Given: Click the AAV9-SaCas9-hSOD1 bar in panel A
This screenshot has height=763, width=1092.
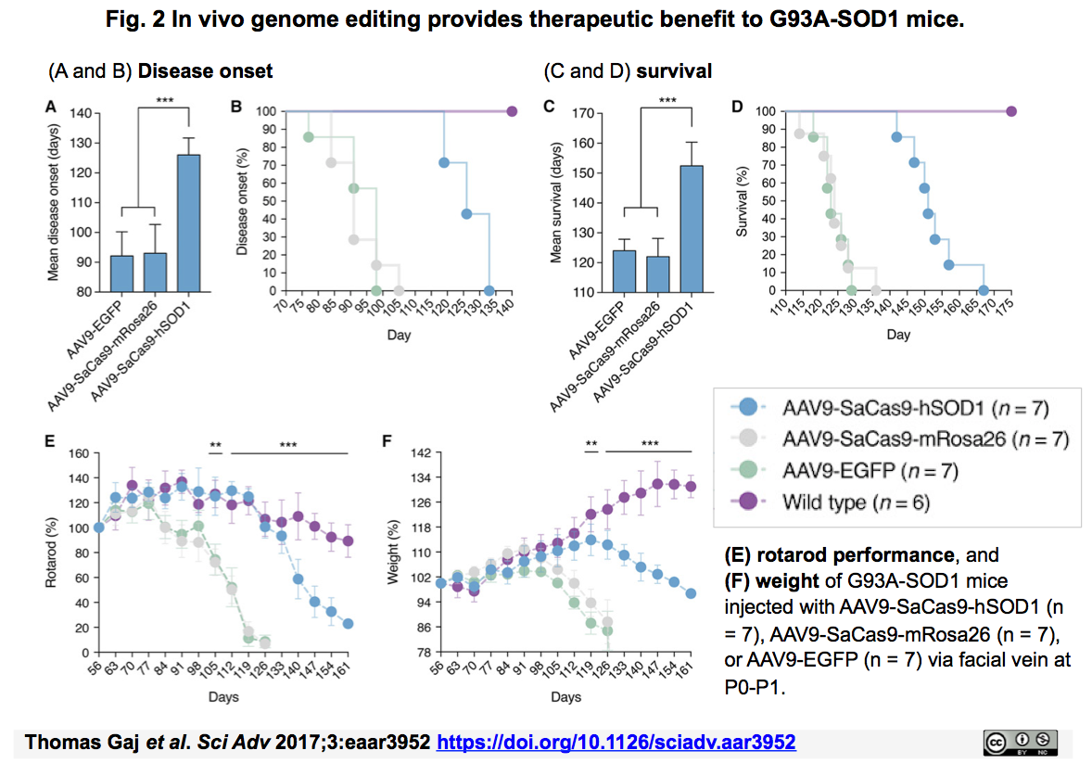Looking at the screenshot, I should [189, 223].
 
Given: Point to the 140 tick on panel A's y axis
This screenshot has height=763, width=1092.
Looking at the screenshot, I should [86, 113].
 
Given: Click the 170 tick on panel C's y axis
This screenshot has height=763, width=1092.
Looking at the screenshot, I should [585, 113].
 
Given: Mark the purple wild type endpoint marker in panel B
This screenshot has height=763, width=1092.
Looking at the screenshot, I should [513, 111].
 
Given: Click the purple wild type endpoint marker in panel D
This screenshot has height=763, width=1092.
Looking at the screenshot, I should [1011, 111].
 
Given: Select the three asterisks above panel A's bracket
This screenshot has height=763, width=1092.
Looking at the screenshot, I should [163, 100].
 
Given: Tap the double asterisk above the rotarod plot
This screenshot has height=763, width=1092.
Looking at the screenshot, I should [215, 446].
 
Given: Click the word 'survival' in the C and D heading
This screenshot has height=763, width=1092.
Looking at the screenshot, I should [674, 71].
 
